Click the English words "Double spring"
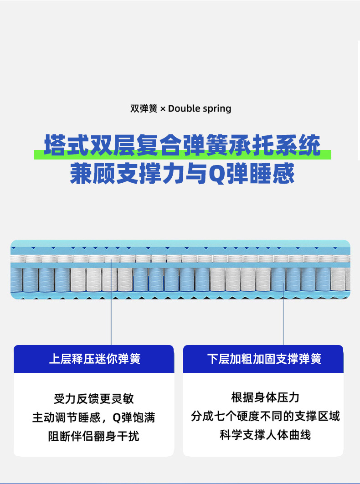click(x=200, y=108)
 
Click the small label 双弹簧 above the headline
click(x=144, y=108)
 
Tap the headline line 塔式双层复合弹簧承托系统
click(x=182, y=145)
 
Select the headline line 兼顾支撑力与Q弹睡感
click(x=182, y=173)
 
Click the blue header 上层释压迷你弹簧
click(x=94, y=359)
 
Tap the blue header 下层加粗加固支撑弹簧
click(x=264, y=359)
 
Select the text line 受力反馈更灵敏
click(x=94, y=398)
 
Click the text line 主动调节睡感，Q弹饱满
click(x=94, y=417)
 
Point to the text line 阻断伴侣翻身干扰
click(x=94, y=436)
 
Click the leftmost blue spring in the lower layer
click(x=16, y=279)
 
